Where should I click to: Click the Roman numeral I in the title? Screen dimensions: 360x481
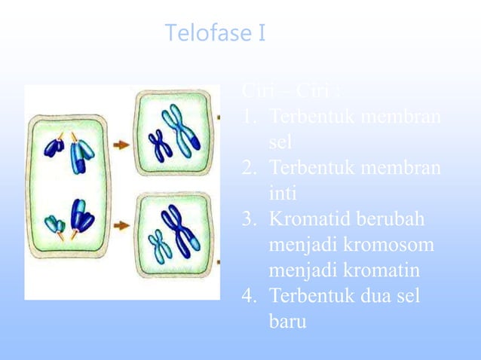260,34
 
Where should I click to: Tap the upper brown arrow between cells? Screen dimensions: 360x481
120,143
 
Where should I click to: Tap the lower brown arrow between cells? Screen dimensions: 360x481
120,225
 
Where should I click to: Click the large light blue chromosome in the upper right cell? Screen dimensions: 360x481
182,129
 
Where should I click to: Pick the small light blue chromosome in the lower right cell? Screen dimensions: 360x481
160,246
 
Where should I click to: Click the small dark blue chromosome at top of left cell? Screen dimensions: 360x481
54,147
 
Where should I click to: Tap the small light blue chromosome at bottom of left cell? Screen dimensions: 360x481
55,224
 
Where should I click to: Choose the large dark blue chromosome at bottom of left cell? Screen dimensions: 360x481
81,216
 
